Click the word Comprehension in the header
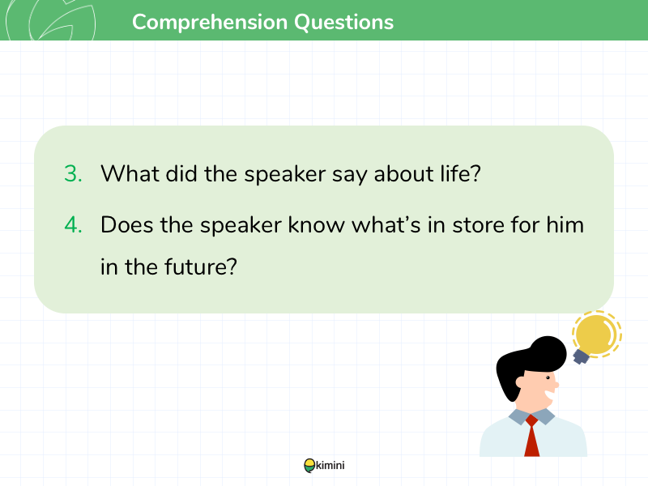[x=210, y=23]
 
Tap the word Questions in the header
[x=343, y=23]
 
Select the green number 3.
[x=73, y=173]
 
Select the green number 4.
[x=73, y=225]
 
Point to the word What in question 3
[x=130, y=173]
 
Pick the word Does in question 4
[x=127, y=225]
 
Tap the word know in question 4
[x=316, y=225]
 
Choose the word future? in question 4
[x=201, y=266]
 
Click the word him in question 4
[x=565, y=225]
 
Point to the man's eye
[x=548, y=377]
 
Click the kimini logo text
[x=330, y=465]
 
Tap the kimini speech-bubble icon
[x=309, y=466]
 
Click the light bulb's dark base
[x=581, y=356]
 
